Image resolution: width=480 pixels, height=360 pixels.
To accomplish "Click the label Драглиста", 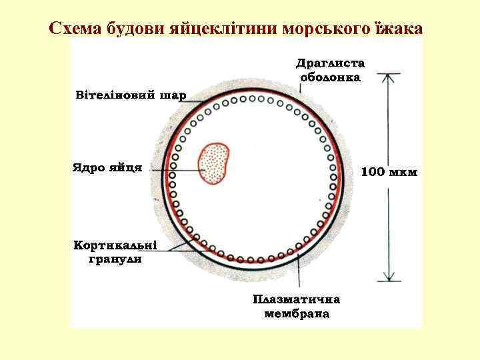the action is [331, 64].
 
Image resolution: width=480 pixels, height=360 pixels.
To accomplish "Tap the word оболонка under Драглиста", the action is [331, 77].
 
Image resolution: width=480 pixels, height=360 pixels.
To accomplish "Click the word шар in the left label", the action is [173, 94].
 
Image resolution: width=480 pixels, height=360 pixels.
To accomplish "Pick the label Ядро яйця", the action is [107, 167].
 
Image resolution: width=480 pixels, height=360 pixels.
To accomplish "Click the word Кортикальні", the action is [115, 246].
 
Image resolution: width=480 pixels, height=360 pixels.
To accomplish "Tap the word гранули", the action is [115, 259].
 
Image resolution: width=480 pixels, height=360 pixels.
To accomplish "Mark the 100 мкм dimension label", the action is [389, 172].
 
